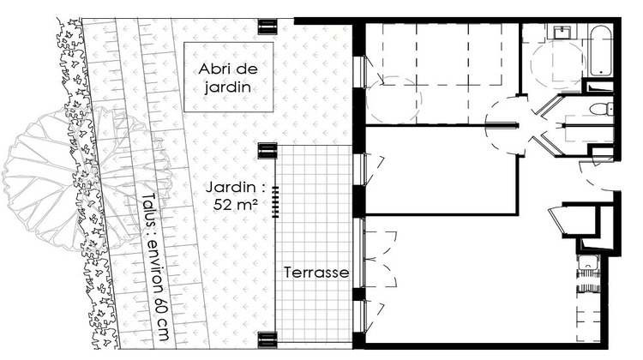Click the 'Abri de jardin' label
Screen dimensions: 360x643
pos(228,77)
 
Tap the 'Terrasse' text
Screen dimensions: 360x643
pos(317,272)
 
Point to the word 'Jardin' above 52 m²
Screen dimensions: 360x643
pos(228,185)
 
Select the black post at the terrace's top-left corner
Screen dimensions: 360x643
pos(268,152)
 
